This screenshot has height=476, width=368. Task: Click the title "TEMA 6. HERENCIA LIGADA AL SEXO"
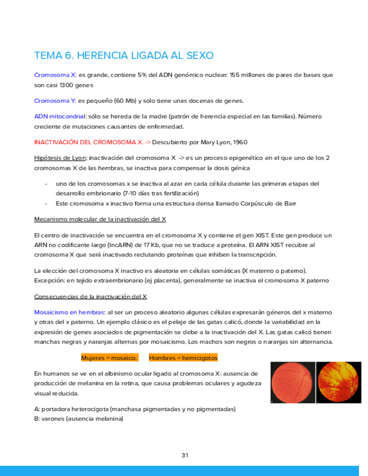tap(124, 56)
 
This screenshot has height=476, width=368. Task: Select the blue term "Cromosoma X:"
tap(55, 75)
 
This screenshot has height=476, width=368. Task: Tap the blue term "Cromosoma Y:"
tap(55, 101)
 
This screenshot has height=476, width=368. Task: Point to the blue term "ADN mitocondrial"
tap(60, 117)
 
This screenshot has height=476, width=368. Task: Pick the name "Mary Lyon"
tap(213, 143)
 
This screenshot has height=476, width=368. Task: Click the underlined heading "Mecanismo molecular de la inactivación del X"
tap(104, 219)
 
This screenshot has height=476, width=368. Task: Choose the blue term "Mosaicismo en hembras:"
tap(69, 312)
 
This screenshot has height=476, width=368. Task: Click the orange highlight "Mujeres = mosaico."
tap(109, 358)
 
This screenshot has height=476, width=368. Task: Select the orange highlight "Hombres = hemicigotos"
tap(183, 358)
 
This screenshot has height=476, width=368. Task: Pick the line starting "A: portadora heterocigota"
tap(135, 409)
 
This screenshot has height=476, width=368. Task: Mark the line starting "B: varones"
tap(79, 419)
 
